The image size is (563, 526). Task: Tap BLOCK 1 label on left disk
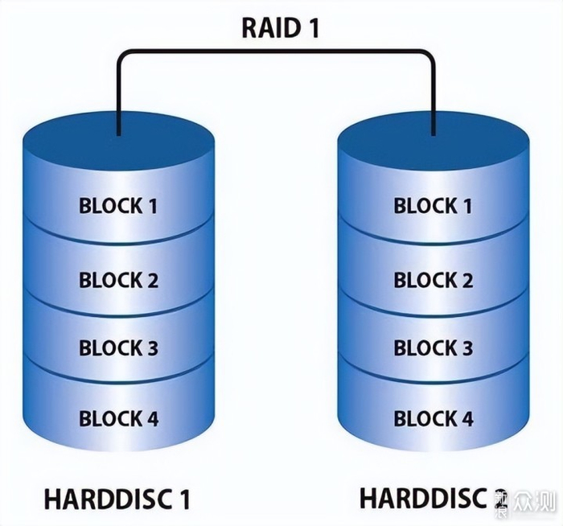tap(118, 206)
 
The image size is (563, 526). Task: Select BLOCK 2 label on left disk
tap(118, 281)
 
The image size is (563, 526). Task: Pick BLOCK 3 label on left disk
tap(118, 349)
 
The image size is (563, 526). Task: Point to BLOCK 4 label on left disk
tap(118, 419)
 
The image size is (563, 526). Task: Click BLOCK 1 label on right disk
tap(433, 206)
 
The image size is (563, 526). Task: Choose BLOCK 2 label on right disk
tap(433, 281)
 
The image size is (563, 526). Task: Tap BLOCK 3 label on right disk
tap(433, 349)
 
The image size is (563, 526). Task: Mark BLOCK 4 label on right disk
tap(433, 419)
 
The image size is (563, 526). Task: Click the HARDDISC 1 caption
tap(118, 499)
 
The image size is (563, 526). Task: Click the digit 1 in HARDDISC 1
tap(184, 499)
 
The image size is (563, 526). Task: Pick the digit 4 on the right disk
tap(466, 419)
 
